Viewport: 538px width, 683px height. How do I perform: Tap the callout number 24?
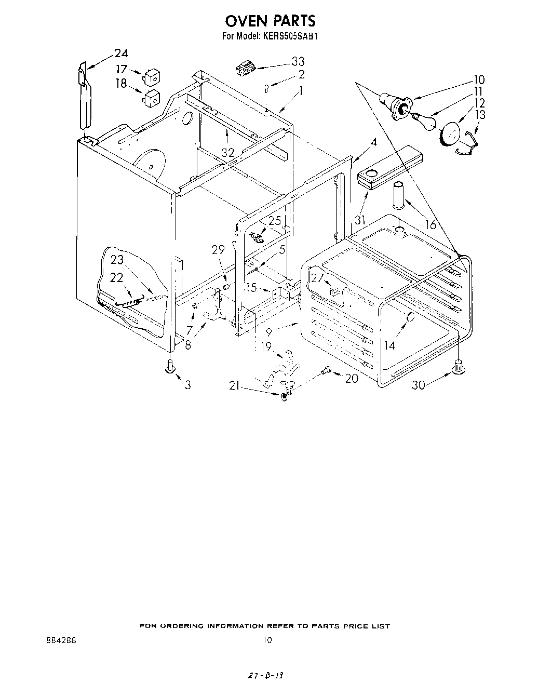point(120,53)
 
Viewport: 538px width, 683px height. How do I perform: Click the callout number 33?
point(298,61)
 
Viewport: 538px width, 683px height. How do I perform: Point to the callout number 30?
point(419,385)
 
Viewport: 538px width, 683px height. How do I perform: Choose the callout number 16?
point(430,224)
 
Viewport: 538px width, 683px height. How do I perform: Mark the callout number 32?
point(227,152)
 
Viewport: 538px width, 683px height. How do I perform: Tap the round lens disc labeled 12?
point(450,133)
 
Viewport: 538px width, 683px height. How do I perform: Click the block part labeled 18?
point(151,98)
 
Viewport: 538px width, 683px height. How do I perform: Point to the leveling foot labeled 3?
point(169,366)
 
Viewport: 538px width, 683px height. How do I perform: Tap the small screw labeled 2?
point(266,89)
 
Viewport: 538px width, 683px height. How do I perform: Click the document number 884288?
point(61,640)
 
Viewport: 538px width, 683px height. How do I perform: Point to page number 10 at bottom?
point(267,640)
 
